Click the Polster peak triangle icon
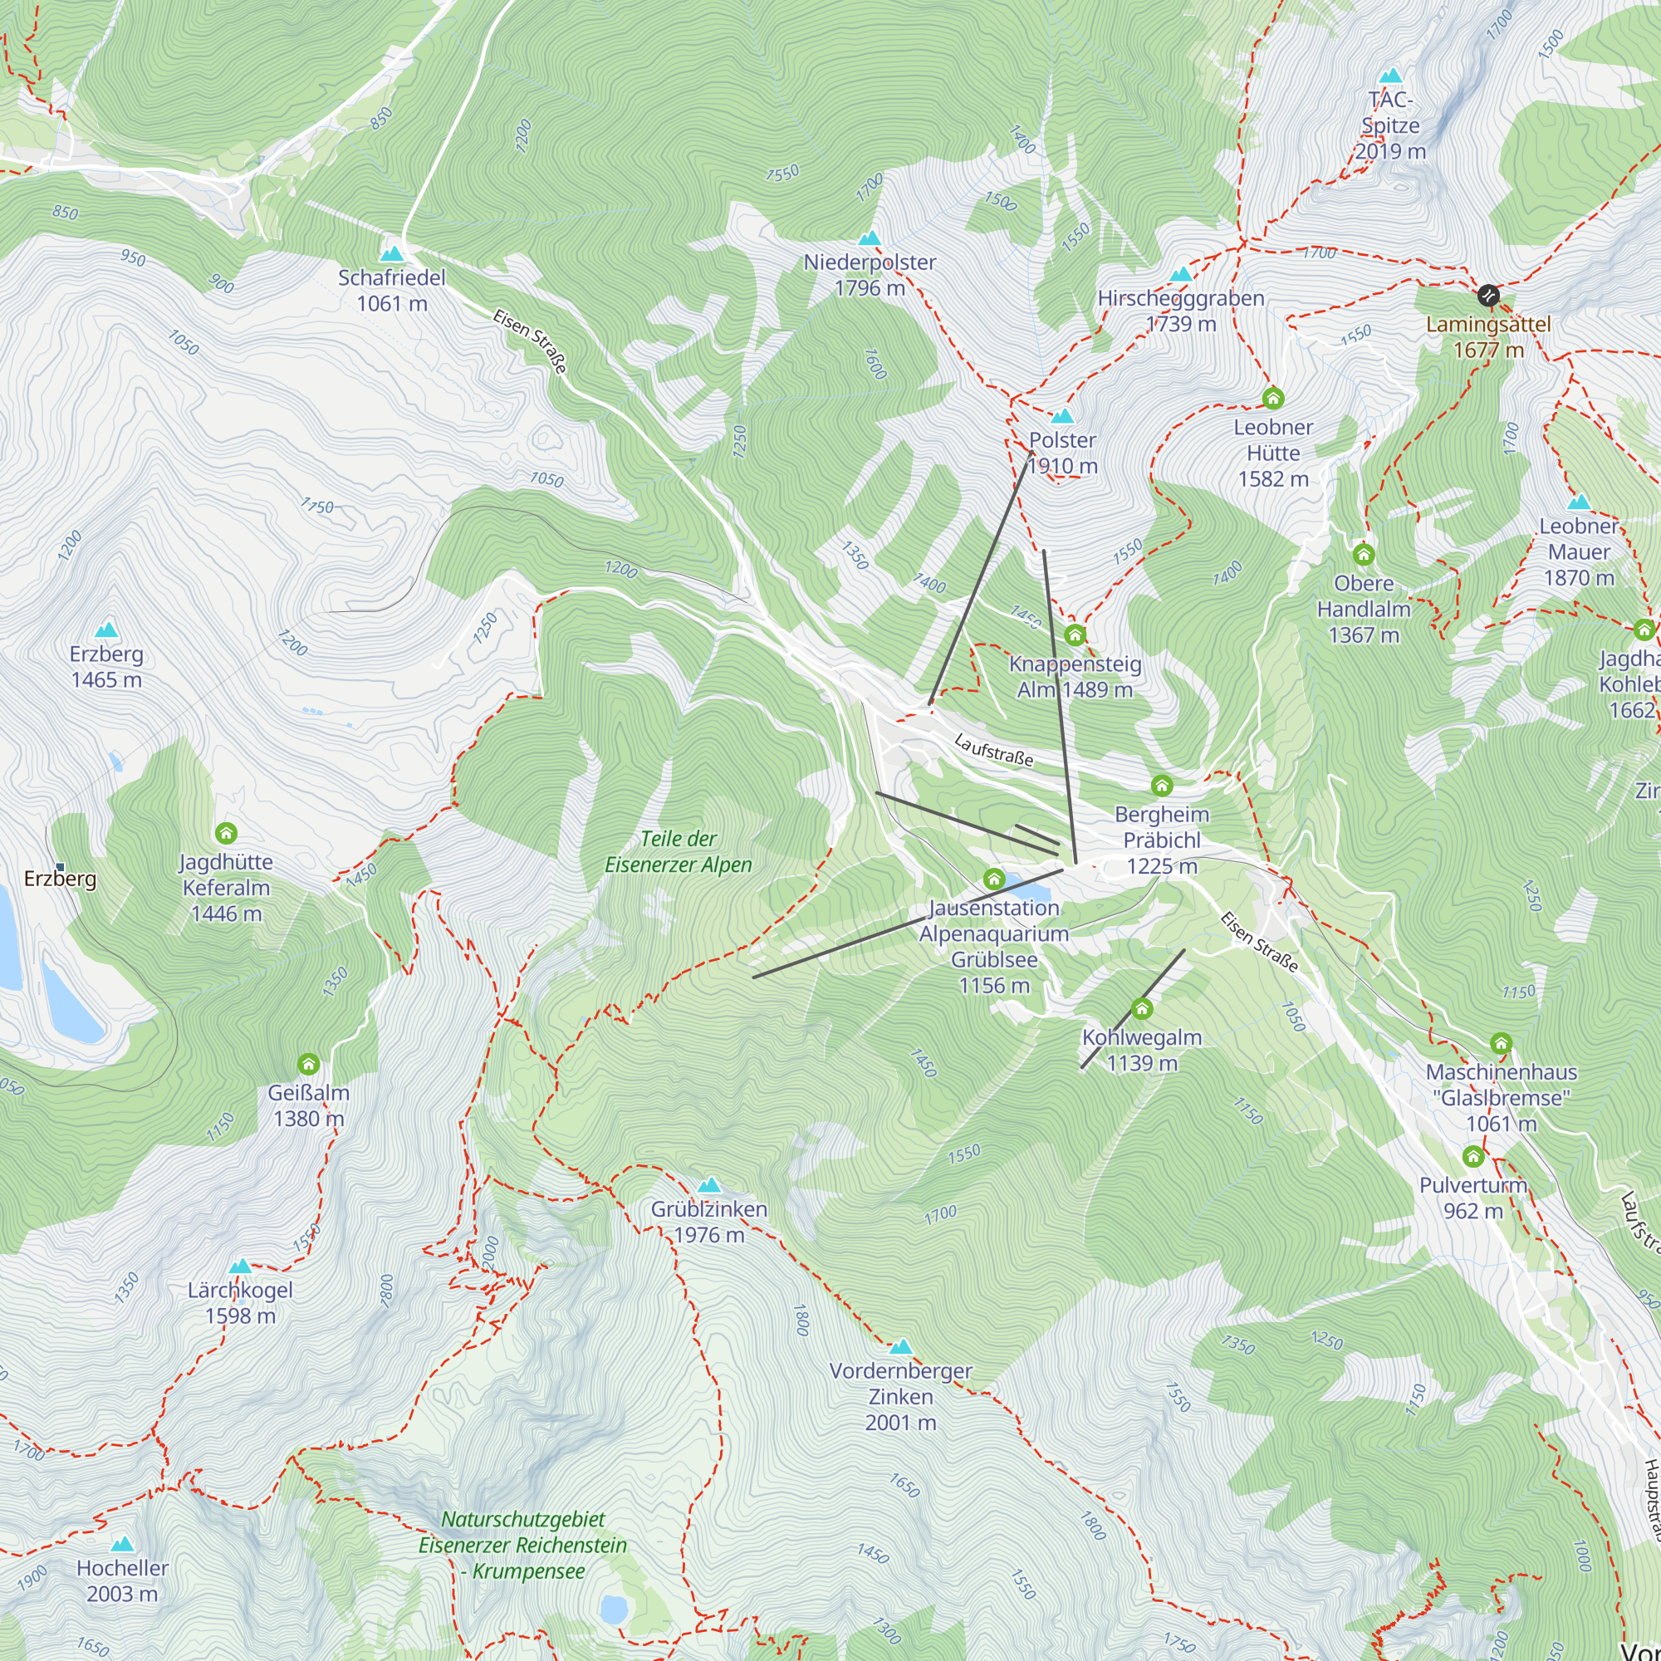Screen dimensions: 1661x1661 (x=1063, y=417)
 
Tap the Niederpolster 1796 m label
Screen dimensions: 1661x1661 (x=870, y=275)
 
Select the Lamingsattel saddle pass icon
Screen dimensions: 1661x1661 (x=1488, y=296)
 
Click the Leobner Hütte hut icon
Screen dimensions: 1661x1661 (x=1272, y=398)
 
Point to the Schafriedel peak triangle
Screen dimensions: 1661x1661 (x=392, y=253)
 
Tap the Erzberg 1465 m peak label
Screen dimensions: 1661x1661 (x=106, y=666)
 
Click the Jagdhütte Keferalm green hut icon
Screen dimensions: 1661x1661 (x=226, y=832)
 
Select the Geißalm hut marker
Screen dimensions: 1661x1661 (x=309, y=1064)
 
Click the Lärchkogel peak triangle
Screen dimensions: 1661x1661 (x=241, y=1267)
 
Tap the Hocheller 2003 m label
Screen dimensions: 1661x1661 (x=122, y=1580)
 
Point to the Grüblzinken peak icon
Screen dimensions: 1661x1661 (x=709, y=1186)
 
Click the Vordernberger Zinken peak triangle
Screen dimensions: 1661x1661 (x=900, y=1346)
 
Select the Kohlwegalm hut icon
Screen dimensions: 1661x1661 (x=1142, y=1007)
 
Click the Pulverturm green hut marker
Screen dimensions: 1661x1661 (x=1473, y=1155)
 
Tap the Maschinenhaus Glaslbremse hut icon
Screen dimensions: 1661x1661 (x=1501, y=1043)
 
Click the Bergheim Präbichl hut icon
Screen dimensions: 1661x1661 (x=1162, y=785)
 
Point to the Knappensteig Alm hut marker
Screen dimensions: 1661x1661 (x=1075, y=635)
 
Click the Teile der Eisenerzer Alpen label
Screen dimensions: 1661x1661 (x=679, y=851)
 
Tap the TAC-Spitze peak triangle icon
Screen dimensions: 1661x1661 (x=1390, y=76)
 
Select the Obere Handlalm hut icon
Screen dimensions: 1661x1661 (x=1364, y=554)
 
